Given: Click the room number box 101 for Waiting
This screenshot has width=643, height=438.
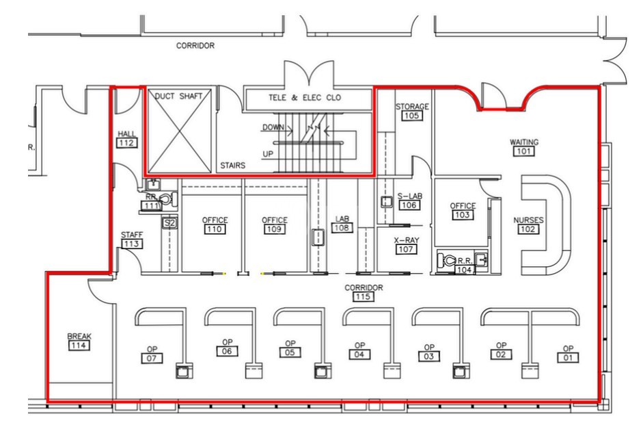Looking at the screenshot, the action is tap(524, 152).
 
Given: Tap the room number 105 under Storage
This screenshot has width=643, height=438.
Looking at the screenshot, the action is tap(412, 116).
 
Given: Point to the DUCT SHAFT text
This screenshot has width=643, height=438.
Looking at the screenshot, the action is tap(179, 96).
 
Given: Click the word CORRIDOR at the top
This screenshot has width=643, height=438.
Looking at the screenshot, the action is tap(195, 46).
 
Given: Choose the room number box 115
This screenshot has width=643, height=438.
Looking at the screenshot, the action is tap(364, 297).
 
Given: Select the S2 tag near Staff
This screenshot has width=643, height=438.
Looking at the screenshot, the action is tap(169, 222).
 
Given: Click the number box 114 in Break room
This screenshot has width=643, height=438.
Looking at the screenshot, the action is tap(79, 346).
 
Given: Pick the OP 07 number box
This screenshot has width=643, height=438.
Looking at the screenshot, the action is tap(152, 358).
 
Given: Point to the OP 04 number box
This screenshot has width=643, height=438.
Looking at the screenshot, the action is tap(359, 355).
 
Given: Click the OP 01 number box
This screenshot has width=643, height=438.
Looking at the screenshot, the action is tap(568, 357).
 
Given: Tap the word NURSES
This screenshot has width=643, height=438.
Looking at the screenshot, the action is tap(528, 220).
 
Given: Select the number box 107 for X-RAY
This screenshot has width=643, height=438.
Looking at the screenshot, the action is tap(405, 250).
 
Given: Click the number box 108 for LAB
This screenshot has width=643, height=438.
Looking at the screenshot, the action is tap(342, 228).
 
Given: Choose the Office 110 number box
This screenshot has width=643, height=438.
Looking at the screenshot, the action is tap(215, 229).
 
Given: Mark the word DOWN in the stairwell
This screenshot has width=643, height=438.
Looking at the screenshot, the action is tap(273, 128).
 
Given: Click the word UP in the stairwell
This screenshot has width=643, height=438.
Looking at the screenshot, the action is tap(268, 154).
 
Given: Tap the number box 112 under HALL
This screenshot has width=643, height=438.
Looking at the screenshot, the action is tap(127, 143).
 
